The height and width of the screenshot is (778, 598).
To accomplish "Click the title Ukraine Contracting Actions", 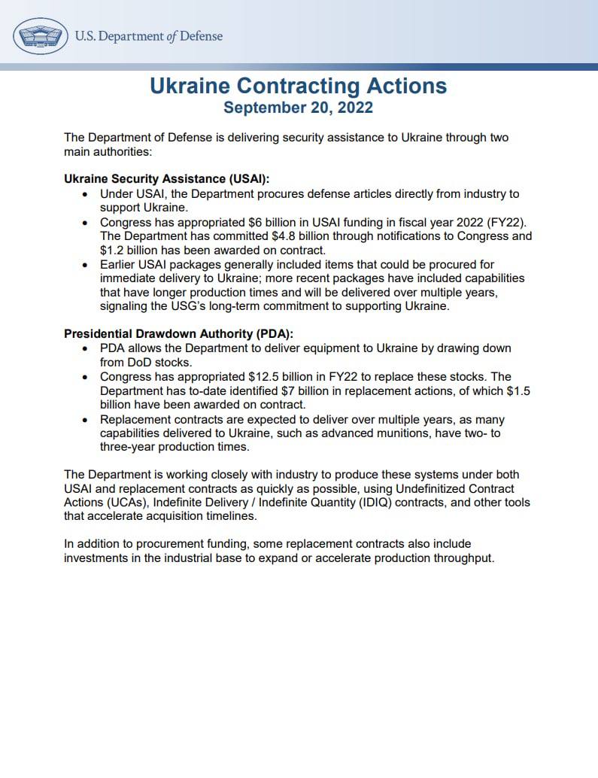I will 299,86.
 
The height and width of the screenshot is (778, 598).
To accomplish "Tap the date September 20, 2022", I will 299,108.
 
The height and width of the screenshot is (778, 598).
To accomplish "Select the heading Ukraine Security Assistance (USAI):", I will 166,179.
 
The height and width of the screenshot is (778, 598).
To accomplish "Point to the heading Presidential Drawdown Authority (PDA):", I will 178,334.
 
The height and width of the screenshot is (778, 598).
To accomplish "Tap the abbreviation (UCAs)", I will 126,502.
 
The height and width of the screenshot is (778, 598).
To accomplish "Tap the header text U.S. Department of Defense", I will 149,35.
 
